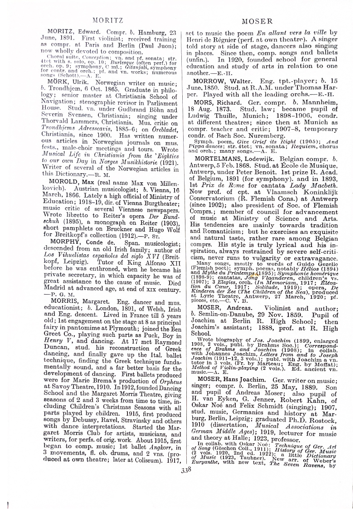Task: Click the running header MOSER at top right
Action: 257,21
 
